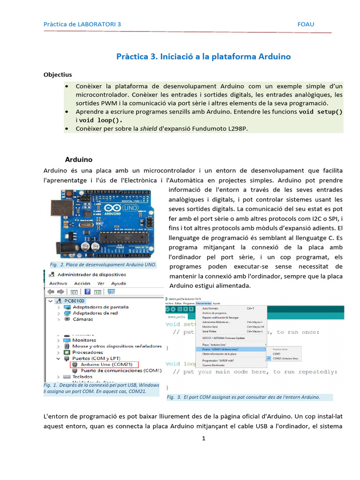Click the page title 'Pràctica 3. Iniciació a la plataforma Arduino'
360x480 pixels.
[x=203, y=57]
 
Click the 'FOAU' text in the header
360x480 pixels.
[x=306, y=24]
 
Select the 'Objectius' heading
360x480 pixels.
[x=58, y=75]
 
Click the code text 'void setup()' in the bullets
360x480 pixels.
[x=321, y=112]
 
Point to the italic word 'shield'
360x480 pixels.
[x=149, y=128]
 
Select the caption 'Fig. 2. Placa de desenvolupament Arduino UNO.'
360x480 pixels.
[x=103, y=265]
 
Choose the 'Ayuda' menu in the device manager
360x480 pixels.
[x=119, y=284]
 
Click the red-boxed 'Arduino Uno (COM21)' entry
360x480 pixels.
[x=106, y=364]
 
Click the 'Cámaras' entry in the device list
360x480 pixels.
[x=82, y=319]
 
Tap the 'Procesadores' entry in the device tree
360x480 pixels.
[x=87, y=352]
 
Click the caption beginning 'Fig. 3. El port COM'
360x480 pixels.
[x=243, y=397]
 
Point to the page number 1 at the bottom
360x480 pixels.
[x=204, y=439]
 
